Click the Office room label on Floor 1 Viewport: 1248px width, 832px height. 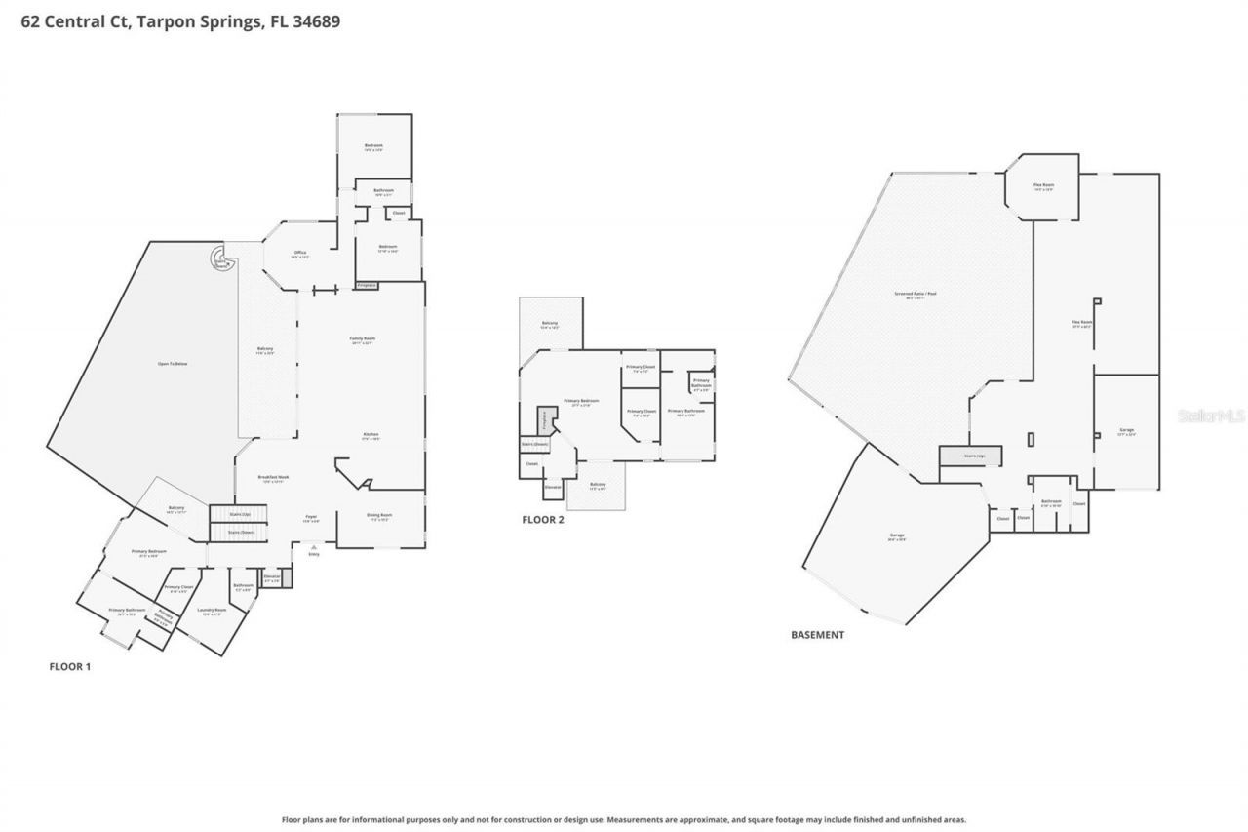(x=300, y=255)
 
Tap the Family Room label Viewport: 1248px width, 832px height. (x=363, y=340)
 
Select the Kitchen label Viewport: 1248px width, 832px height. (x=370, y=436)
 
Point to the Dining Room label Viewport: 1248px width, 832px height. (x=379, y=517)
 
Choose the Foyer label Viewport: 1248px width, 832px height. (x=311, y=518)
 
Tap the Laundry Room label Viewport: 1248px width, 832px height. (x=212, y=612)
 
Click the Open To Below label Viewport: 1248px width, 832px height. (x=173, y=364)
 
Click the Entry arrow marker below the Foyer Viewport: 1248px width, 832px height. (x=313, y=549)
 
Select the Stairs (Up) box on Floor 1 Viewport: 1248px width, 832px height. (x=240, y=514)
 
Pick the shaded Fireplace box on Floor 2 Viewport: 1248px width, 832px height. (x=544, y=421)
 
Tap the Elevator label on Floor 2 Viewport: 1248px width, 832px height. (x=552, y=485)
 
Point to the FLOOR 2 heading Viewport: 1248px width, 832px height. (x=543, y=520)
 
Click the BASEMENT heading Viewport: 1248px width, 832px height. (x=817, y=635)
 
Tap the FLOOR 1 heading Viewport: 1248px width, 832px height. (x=70, y=667)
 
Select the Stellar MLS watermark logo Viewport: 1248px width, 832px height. (x=1212, y=416)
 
